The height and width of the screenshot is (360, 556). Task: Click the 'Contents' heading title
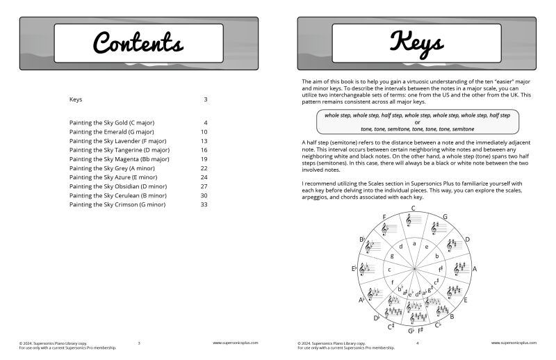click(138, 43)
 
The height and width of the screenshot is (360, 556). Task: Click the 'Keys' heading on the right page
click(416, 43)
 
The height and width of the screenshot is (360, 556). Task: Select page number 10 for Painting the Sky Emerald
click(204, 131)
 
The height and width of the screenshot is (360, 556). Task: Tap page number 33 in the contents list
click(204, 204)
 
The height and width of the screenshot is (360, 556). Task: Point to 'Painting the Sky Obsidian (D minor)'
click(117, 186)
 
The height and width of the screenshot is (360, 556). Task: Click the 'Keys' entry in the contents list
click(76, 99)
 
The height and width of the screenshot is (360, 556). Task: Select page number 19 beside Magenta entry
click(204, 158)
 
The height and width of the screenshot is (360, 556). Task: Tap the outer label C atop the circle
click(413, 208)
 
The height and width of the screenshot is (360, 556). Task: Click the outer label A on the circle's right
click(475, 268)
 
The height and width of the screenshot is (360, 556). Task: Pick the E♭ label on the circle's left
click(354, 268)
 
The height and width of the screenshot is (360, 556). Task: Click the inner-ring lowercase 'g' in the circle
click(392, 256)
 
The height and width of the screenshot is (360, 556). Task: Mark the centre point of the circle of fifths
click(414, 268)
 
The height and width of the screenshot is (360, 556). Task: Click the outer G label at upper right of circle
click(444, 217)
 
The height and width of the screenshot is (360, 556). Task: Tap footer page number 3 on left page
click(139, 343)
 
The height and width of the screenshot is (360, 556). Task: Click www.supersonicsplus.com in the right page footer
click(514, 343)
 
